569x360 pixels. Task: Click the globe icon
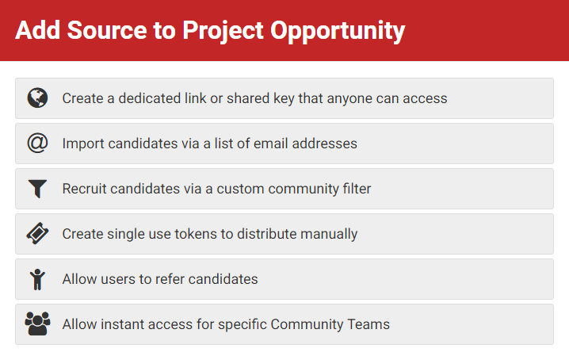coord(37,98)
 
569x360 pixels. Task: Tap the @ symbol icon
coord(37,144)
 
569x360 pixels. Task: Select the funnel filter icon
coord(37,189)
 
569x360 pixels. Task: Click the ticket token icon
coord(37,234)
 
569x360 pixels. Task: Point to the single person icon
coord(37,279)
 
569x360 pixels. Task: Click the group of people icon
coord(37,324)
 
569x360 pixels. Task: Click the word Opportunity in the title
coord(338,31)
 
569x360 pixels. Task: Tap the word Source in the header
coord(107,30)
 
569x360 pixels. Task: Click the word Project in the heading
coord(223,31)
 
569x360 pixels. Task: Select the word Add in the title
coord(38,30)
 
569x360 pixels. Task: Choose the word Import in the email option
coord(83,144)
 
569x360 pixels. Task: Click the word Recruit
coord(84,189)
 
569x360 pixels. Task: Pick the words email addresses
coord(305,144)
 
